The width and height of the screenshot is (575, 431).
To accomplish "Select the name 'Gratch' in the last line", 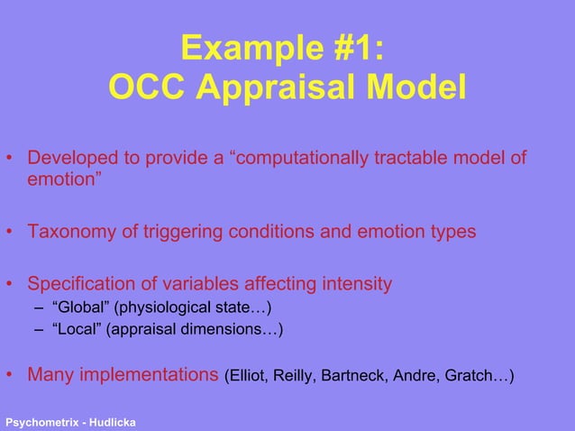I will click(x=469, y=375).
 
